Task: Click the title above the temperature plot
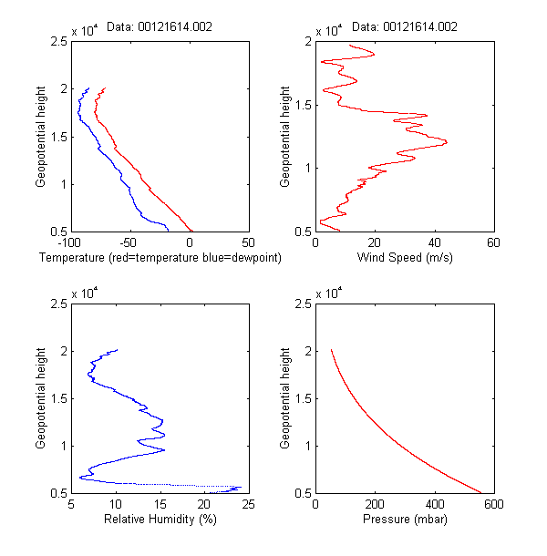[x=160, y=27]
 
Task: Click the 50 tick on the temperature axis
[x=248, y=243]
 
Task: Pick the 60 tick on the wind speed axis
[x=493, y=243]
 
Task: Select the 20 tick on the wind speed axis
[x=375, y=243]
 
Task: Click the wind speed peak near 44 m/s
[x=446, y=141]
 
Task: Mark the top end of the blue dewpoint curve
[x=88, y=88]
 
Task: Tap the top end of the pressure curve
[x=331, y=350]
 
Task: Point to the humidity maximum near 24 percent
[x=242, y=487]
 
